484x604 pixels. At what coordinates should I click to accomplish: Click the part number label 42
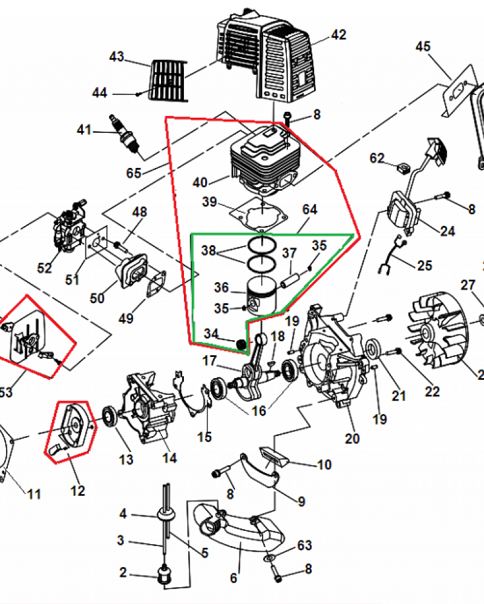338,34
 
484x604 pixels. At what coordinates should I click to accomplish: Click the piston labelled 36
263,294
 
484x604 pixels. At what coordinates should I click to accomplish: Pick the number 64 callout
309,210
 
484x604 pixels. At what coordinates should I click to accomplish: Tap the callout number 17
209,361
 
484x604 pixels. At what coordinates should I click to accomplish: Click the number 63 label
304,546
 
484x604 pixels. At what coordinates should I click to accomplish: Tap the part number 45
423,47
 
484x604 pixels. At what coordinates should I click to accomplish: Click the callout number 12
77,490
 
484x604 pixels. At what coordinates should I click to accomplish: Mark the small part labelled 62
402,165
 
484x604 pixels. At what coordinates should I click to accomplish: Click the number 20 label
352,438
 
